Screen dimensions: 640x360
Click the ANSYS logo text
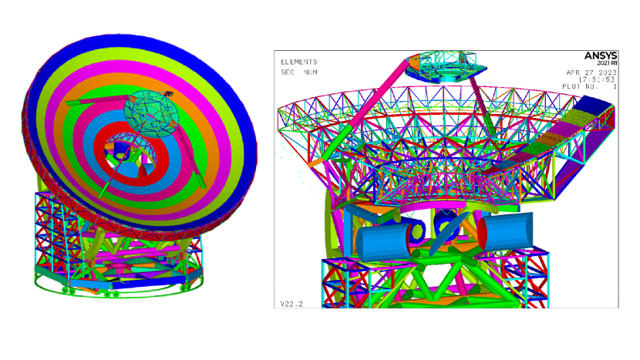pyautogui.click(x=601, y=56)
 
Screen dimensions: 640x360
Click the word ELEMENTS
pyautogui.click(x=298, y=62)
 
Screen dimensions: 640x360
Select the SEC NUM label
pyautogui.click(x=298, y=72)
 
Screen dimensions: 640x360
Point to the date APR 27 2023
pyautogui.click(x=591, y=72)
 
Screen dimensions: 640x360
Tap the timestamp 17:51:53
pyautogui.click(x=596, y=79)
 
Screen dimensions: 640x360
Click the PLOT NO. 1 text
pyautogui.click(x=589, y=86)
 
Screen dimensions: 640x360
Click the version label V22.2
pyautogui.click(x=291, y=304)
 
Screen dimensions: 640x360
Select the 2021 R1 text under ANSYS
pyautogui.click(x=607, y=63)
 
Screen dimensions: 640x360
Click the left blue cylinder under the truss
pyautogui.click(x=383, y=243)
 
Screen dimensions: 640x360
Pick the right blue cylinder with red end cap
pyautogui.click(x=506, y=231)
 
